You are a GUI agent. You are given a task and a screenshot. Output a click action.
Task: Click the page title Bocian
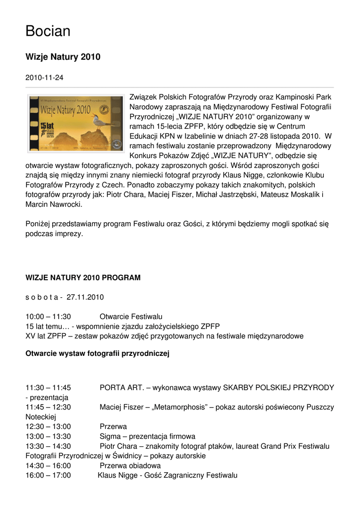click(48, 31)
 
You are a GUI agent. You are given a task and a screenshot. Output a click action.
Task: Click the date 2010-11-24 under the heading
click(44, 78)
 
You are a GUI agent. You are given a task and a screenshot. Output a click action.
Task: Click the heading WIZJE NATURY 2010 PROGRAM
click(83, 277)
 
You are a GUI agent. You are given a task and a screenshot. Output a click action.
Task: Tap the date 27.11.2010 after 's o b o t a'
click(85, 297)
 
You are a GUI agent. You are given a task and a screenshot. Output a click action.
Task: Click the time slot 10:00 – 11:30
click(48, 317)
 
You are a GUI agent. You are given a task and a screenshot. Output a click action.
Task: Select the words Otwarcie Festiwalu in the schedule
click(131, 317)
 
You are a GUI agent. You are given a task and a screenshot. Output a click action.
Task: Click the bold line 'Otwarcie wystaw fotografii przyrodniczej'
click(97, 354)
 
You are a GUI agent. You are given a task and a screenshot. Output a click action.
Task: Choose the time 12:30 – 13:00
click(48, 426)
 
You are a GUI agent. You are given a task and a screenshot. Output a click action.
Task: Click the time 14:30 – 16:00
click(48, 466)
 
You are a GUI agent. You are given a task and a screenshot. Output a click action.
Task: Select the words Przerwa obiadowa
click(130, 466)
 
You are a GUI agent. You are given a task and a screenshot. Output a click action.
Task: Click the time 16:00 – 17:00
click(48, 476)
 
